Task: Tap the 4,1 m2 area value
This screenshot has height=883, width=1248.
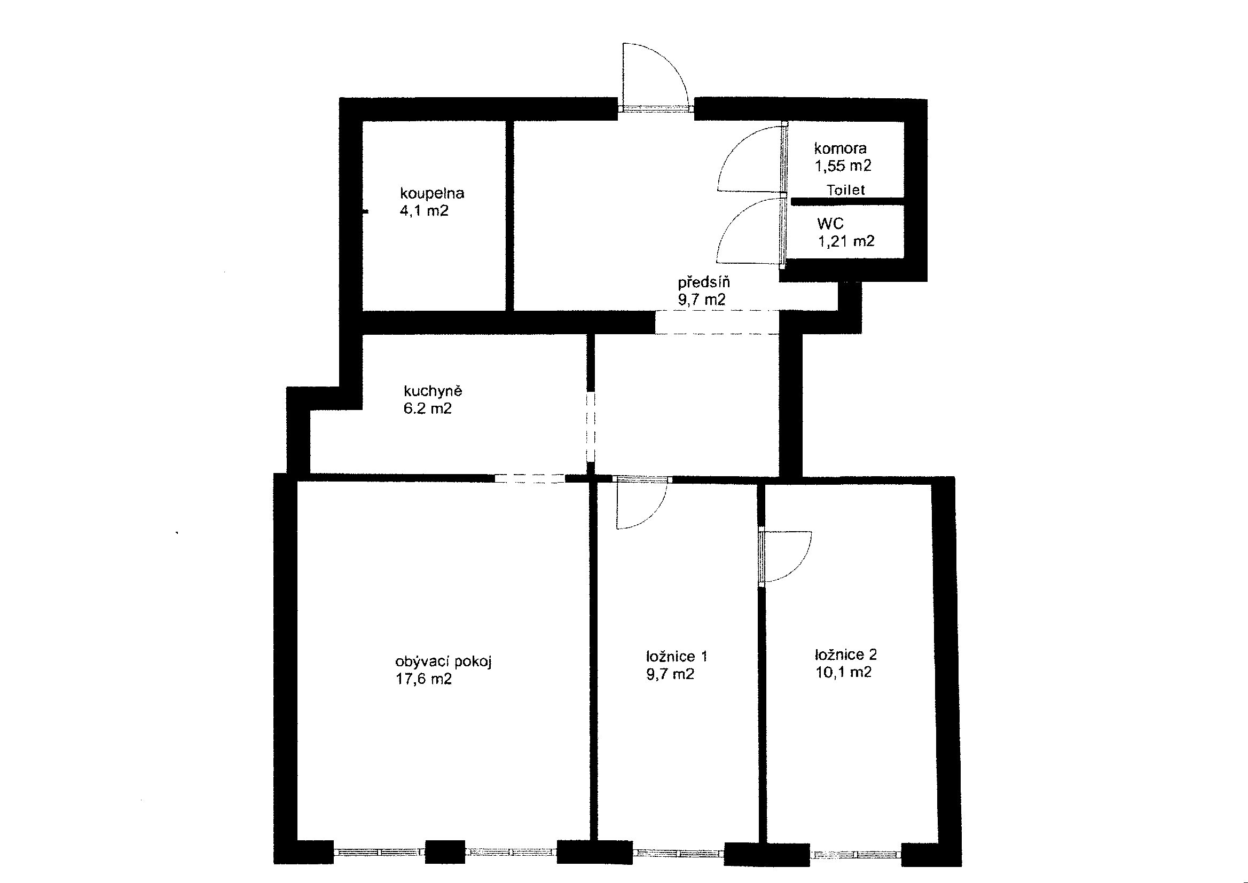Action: coord(424,211)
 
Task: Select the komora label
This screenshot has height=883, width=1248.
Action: coord(840,148)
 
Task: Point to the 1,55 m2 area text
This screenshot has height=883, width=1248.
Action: coord(843,166)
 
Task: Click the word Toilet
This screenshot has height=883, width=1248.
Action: coord(845,190)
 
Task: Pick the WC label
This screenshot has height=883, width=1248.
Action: coord(830,224)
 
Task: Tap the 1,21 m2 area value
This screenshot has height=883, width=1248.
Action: coord(846,241)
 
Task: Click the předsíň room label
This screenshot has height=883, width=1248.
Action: coord(704,282)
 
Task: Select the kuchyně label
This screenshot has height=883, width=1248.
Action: coord(433,391)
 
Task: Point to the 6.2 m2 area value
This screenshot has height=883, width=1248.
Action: coord(427,408)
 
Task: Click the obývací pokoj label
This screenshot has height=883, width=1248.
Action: coord(443,661)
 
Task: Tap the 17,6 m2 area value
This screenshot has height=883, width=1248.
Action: coord(423,679)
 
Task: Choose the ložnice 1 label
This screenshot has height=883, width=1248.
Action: coord(677,657)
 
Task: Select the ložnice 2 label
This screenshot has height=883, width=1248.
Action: coord(846,655)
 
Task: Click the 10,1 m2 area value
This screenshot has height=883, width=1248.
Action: coord(843,672)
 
